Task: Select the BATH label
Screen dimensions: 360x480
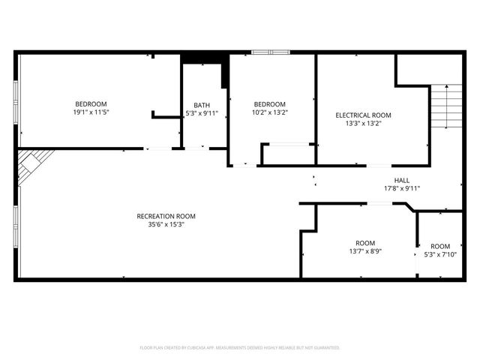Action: (202, 105)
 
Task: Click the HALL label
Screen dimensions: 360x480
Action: (402, 180)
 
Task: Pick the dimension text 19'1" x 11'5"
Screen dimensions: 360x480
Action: (90, 112)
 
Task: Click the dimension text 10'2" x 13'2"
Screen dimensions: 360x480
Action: (269, 112)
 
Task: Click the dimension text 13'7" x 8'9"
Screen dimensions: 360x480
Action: (364, 252)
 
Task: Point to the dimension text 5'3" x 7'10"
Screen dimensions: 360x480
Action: (440, 254)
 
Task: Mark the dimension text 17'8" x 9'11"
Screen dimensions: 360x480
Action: (402, 188)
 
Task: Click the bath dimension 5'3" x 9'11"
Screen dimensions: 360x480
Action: (202, 113)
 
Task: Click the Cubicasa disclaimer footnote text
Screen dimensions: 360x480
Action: (240, 348)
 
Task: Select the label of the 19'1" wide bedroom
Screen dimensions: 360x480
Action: (90, 103)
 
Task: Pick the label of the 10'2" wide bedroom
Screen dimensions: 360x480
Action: (269, 103)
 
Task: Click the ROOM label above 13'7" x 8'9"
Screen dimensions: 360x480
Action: (364, 244)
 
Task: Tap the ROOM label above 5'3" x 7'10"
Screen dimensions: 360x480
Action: (440, 246)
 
